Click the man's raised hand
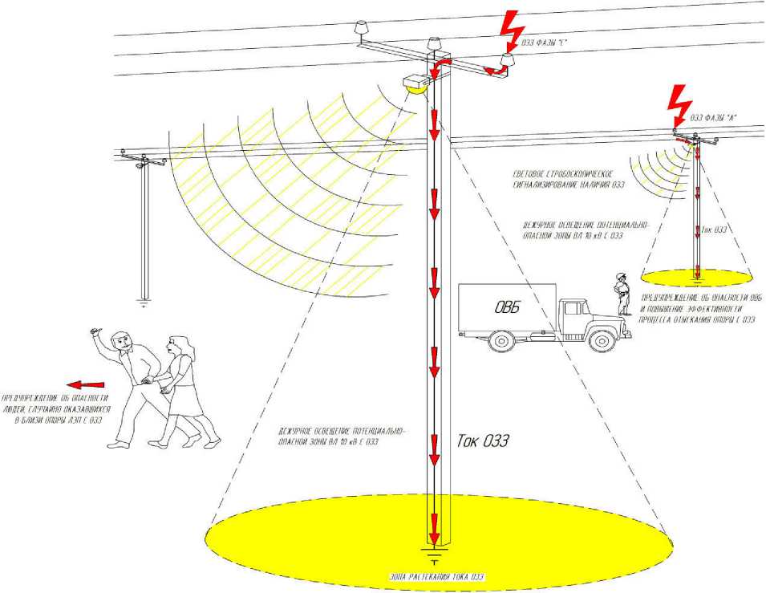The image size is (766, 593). pyautogui.click(x=97, y=331)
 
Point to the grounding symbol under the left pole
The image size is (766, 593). pyautogui.click(x=144, y=304)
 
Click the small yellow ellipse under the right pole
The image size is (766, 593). pyautogui.click(x=696, y=278)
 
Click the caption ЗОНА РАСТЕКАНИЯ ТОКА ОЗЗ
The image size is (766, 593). pyautogui.click(x=434, y=578)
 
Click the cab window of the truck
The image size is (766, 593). pyautogui.click(x=574, y=309)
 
